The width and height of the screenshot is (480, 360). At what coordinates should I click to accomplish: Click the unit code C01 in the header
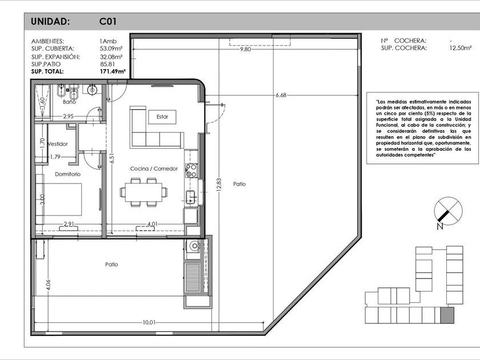(x=108, y=22)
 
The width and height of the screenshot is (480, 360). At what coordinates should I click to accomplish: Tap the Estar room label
(x=162, y=117)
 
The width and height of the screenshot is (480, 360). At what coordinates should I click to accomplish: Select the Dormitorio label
(x=67, y=174)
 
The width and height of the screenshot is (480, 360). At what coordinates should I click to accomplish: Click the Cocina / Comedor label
(x=154, y=169)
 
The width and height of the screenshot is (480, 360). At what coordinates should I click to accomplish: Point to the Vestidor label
(x=58, y=144)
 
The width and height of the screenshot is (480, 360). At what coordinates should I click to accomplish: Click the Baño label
(x=69, y=102)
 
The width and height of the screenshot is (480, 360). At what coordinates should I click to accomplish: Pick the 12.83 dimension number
(x=218, y=185)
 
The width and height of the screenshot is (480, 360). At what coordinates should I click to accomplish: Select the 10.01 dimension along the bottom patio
(x=149, y=322)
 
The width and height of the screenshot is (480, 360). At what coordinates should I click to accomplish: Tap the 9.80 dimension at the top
(x=246, y=49)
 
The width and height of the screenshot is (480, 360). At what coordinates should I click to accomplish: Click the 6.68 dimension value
(x=281, y=95)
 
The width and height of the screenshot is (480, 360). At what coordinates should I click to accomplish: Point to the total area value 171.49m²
(x=113, y=71)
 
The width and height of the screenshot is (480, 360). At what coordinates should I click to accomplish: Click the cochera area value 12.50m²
(x=458, y=48)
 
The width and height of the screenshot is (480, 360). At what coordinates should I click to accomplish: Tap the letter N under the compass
(x=440, y=227)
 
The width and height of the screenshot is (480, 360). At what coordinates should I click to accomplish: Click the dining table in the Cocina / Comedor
(x=143, y=192)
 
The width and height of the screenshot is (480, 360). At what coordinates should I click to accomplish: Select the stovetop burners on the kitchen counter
(x=191, y=171)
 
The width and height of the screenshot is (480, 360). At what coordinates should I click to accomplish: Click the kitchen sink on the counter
(x=191, y=197)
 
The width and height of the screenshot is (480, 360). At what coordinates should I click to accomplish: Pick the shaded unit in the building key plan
(x=447, y=315)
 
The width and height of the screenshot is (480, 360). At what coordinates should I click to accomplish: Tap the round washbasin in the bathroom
(x=92, y=90)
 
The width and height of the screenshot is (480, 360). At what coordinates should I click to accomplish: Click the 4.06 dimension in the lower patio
(x=48, y=285)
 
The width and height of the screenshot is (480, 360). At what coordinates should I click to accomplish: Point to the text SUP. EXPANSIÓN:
(x=55, y=57)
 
